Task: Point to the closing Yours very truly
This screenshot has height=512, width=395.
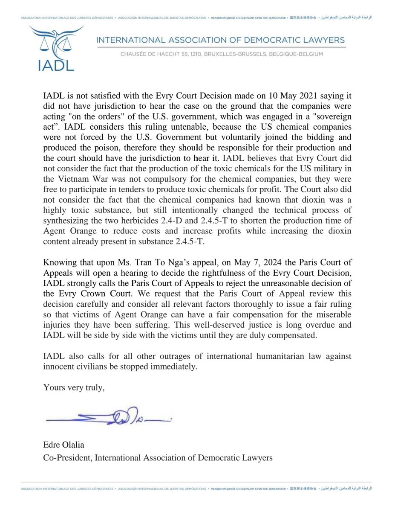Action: pyautogui.click(x=74, y=387)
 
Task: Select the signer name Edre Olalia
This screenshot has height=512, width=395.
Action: pyautogui.click(x=63, y=445)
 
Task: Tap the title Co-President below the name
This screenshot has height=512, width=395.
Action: pyautogui.click(x=67, y=457)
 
